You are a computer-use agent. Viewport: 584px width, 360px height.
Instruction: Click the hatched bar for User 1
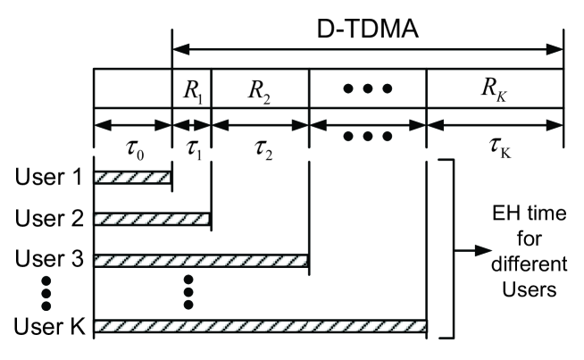[x=132, y=178]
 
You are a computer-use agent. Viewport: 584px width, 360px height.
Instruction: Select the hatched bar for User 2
[x=152, y=219]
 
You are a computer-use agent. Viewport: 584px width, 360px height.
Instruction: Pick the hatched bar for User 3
[x=201, y=261]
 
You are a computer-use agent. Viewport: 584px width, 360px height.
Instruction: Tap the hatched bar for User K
[x=260, y=327]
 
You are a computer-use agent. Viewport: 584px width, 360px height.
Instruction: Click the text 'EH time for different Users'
[x=528, y=251]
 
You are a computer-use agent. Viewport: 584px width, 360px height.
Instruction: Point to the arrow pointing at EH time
[x=473, y=252]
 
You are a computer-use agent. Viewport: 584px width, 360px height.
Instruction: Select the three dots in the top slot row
[x=367, y=89]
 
